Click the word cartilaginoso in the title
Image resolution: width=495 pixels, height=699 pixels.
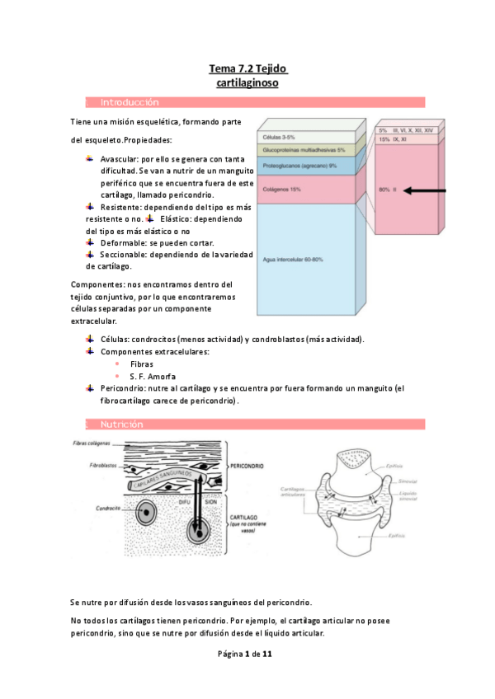pos(247,83)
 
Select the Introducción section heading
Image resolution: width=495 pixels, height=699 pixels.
pos(129,102)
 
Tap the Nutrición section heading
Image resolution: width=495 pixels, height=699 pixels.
pos(122,424)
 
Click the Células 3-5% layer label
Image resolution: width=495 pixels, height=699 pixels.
pos(278,137)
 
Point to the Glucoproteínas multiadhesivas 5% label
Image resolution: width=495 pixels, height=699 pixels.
pos(304,151)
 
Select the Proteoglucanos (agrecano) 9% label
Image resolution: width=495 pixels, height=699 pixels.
pos(299,166)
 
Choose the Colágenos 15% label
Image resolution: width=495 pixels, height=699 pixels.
pos(281,190)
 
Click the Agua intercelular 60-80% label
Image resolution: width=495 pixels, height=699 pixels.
pos(293,260)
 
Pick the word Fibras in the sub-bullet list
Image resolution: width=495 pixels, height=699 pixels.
pos(142,364)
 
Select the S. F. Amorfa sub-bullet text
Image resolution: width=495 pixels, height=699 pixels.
pos(149,376)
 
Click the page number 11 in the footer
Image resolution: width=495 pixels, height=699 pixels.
pos(266,654)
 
